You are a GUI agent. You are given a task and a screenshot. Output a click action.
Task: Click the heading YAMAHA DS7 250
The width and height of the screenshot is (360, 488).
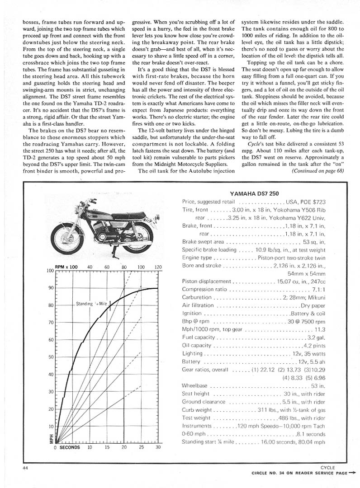click(x=256, y=193)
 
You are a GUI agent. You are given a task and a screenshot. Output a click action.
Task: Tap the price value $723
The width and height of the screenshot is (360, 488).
click(x=317, y=202)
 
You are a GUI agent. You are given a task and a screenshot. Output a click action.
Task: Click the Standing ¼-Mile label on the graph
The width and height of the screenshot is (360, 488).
click(x=92, y=304)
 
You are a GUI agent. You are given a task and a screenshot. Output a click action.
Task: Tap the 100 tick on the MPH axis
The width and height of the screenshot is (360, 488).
click(x=50, y=271)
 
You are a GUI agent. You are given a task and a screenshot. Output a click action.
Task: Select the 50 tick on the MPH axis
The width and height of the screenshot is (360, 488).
click(x=51, y=357)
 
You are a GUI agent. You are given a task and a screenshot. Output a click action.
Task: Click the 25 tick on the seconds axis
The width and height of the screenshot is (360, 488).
click(x=141, y=447)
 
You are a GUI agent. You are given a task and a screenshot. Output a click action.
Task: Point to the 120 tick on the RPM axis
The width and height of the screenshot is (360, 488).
click(x=158, y=267)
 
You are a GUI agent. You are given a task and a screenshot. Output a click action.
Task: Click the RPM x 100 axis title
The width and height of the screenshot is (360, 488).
click(x=66, y=267)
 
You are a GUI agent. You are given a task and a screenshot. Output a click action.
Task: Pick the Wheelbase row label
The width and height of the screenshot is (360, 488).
click(x=196, y=386)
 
